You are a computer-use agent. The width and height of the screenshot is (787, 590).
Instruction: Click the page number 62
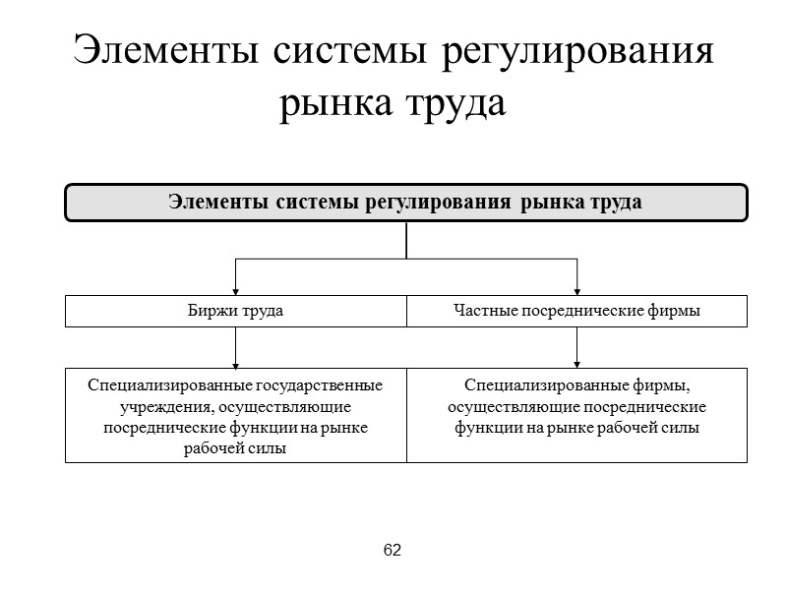pos(393,550)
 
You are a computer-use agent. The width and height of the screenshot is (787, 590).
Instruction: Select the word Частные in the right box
pos(483,311)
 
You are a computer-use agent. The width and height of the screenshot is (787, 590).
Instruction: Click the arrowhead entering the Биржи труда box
pos(236,291)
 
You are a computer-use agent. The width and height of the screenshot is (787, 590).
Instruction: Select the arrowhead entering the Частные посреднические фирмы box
pos(577,291)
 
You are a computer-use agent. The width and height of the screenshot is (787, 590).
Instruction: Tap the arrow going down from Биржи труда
pos(236,346)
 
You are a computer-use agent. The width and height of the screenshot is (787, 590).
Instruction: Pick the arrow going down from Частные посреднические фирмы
pos(577,346)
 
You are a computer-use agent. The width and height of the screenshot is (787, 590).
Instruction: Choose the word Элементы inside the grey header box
pos(216,203)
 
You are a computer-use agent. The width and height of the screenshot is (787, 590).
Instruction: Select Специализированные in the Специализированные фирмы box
pos(532,384)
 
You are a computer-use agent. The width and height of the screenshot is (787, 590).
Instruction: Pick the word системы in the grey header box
pos(315,203)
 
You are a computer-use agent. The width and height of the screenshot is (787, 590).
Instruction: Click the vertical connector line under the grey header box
pos(406,240)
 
